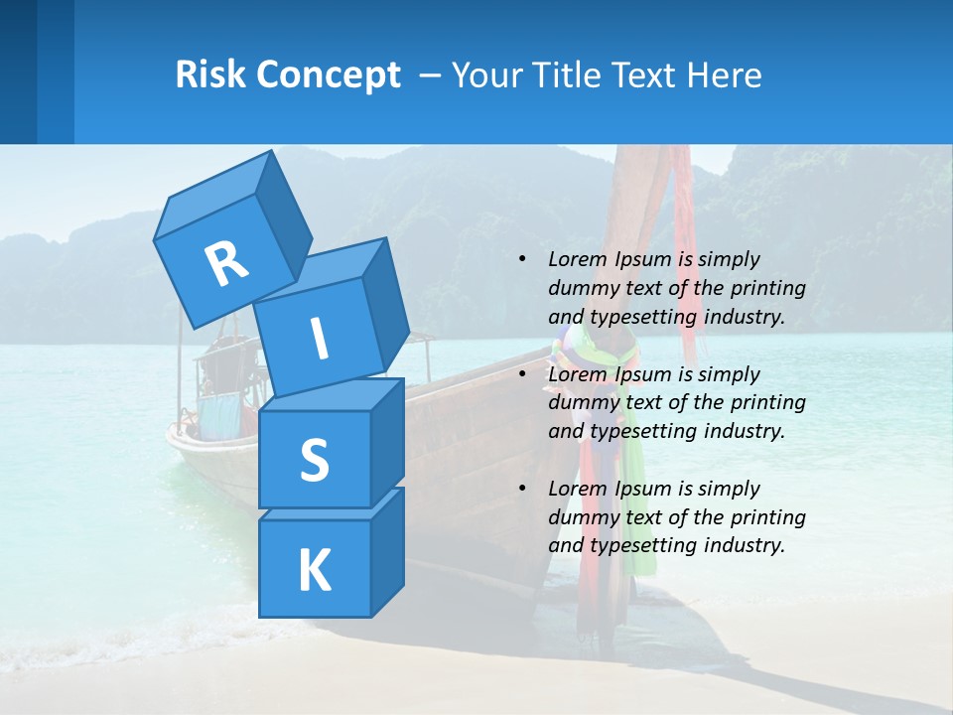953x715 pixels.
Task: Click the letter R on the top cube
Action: click(226, 262)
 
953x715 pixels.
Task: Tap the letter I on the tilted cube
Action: click(320, 339)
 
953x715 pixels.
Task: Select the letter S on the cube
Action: click(314, 460)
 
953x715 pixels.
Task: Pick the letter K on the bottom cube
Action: click(314, 571)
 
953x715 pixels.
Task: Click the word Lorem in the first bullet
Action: click(575, 259)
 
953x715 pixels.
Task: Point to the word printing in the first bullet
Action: click(767, 288)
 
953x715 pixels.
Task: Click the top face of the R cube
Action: click(213, 195)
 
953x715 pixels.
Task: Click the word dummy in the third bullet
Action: click(584, 517)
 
